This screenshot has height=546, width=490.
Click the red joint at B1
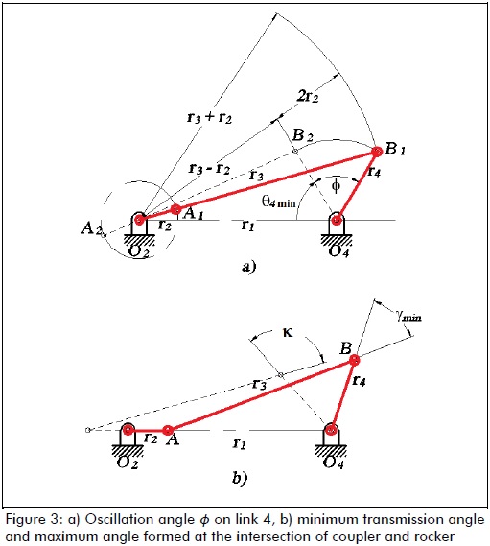tap(377, 152)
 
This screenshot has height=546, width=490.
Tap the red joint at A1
tap(176, 209)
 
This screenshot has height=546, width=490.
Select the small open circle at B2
tap(294, 151)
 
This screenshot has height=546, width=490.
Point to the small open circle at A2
tap(103, 235)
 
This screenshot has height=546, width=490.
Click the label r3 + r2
tap(209, 117)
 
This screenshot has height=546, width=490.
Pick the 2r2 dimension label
tap(308, 95)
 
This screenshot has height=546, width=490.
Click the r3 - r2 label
tap(209, 169)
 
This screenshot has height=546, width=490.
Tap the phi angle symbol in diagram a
tap(336, 186)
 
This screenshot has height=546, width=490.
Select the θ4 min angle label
tap(279, 202)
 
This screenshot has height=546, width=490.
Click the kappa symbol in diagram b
tap(288, 333)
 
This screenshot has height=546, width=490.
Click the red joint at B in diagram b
tap(354, 360)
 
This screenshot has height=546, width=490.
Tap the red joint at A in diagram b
tap(168, 430)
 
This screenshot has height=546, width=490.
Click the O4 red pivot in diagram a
tap(337, 220)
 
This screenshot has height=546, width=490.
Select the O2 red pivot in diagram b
tap(128, 430)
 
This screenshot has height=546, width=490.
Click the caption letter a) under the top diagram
tap(248, 267)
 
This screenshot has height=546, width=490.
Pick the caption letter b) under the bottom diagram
tap(240, 478)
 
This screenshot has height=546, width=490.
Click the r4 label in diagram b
tap(359, 380)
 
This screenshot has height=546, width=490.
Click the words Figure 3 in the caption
tap(33, 520)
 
